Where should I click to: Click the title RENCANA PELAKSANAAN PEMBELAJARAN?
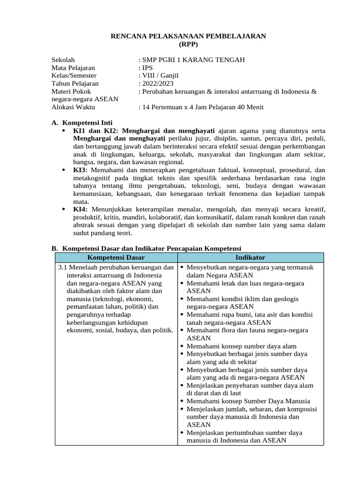(x=188, y=36)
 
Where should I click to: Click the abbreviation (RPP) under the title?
(x=188, y=44)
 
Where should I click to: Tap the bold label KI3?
(x=81, y=170)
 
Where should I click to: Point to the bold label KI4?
(x=81, y=209)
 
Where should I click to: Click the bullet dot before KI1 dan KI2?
(x=64, y=131)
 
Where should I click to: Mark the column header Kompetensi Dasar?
(x=116, y=257)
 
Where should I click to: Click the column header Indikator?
(x=250, y=257)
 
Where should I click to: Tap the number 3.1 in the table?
(x=63, y=267)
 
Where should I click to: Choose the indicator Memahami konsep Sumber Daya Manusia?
(x=248, y=401)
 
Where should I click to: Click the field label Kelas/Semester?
(x=74, y=75)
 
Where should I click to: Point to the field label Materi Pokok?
(x=71, y=91)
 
